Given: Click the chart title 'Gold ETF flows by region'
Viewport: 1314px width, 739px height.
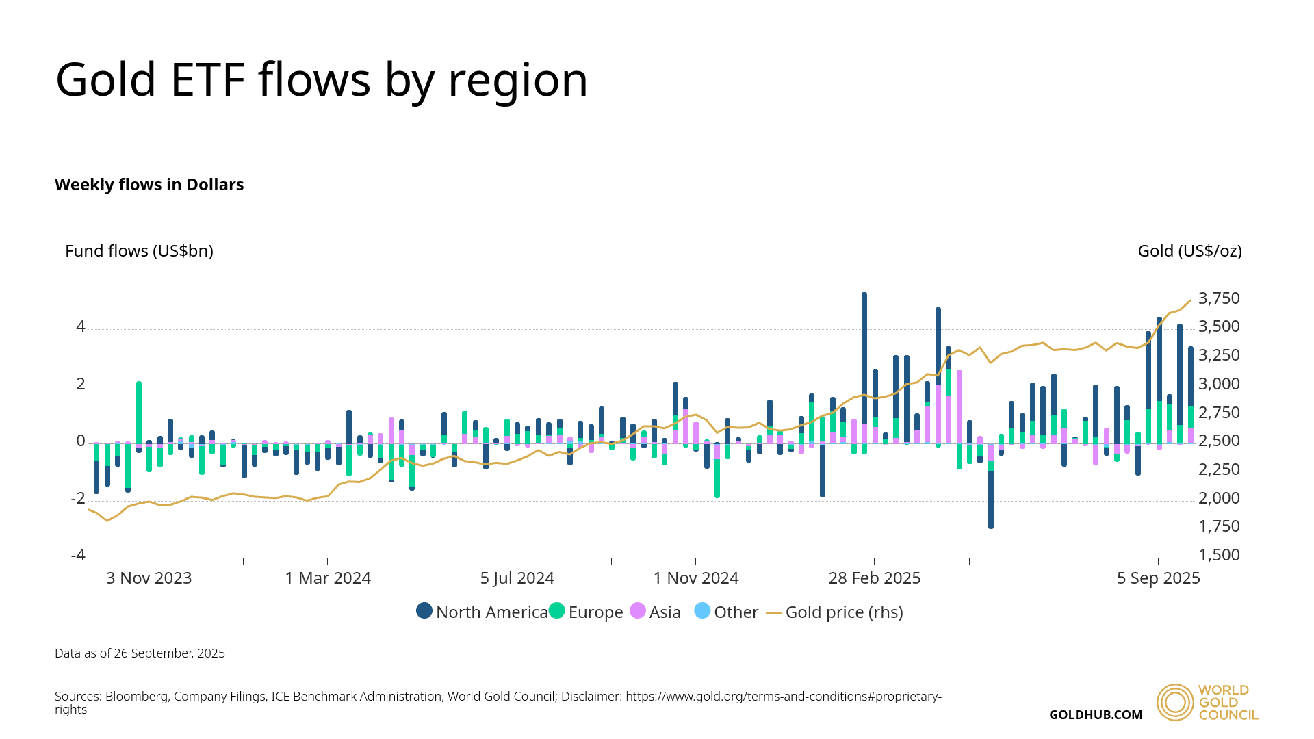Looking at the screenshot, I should tap(322, 80).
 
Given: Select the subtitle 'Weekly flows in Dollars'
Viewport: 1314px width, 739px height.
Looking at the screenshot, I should tap(149, 185).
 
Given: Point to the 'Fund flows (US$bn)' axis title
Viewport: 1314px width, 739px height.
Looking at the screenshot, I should tap(139, 251).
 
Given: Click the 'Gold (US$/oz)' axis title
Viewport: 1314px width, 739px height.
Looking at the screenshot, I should tap(1189, 251).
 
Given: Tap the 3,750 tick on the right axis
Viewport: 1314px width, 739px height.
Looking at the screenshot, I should tap(1219, 298).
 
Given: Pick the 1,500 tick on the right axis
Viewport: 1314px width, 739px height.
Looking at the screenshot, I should tap(1219, 555).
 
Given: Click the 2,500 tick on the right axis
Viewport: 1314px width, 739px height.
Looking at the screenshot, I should tap(1219, 441).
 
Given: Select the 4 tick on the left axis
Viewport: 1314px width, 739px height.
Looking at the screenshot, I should tap(81, 327).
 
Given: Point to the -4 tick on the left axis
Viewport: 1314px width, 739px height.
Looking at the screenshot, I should tap(79, 555).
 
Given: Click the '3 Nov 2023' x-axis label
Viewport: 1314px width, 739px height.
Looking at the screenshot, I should tap(149, 578).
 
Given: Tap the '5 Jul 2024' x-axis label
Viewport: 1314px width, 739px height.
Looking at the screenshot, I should tap(517, 578).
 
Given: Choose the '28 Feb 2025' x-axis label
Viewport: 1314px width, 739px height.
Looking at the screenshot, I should tap(875, 578).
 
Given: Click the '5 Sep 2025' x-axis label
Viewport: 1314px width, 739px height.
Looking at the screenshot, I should tap(1159, 578).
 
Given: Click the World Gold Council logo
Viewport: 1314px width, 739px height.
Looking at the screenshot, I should tap(1207, 702).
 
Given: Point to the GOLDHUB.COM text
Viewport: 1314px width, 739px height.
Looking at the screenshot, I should tap(1096, 715).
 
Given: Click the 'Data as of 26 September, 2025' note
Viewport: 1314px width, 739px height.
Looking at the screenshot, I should tap(140, 653).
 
